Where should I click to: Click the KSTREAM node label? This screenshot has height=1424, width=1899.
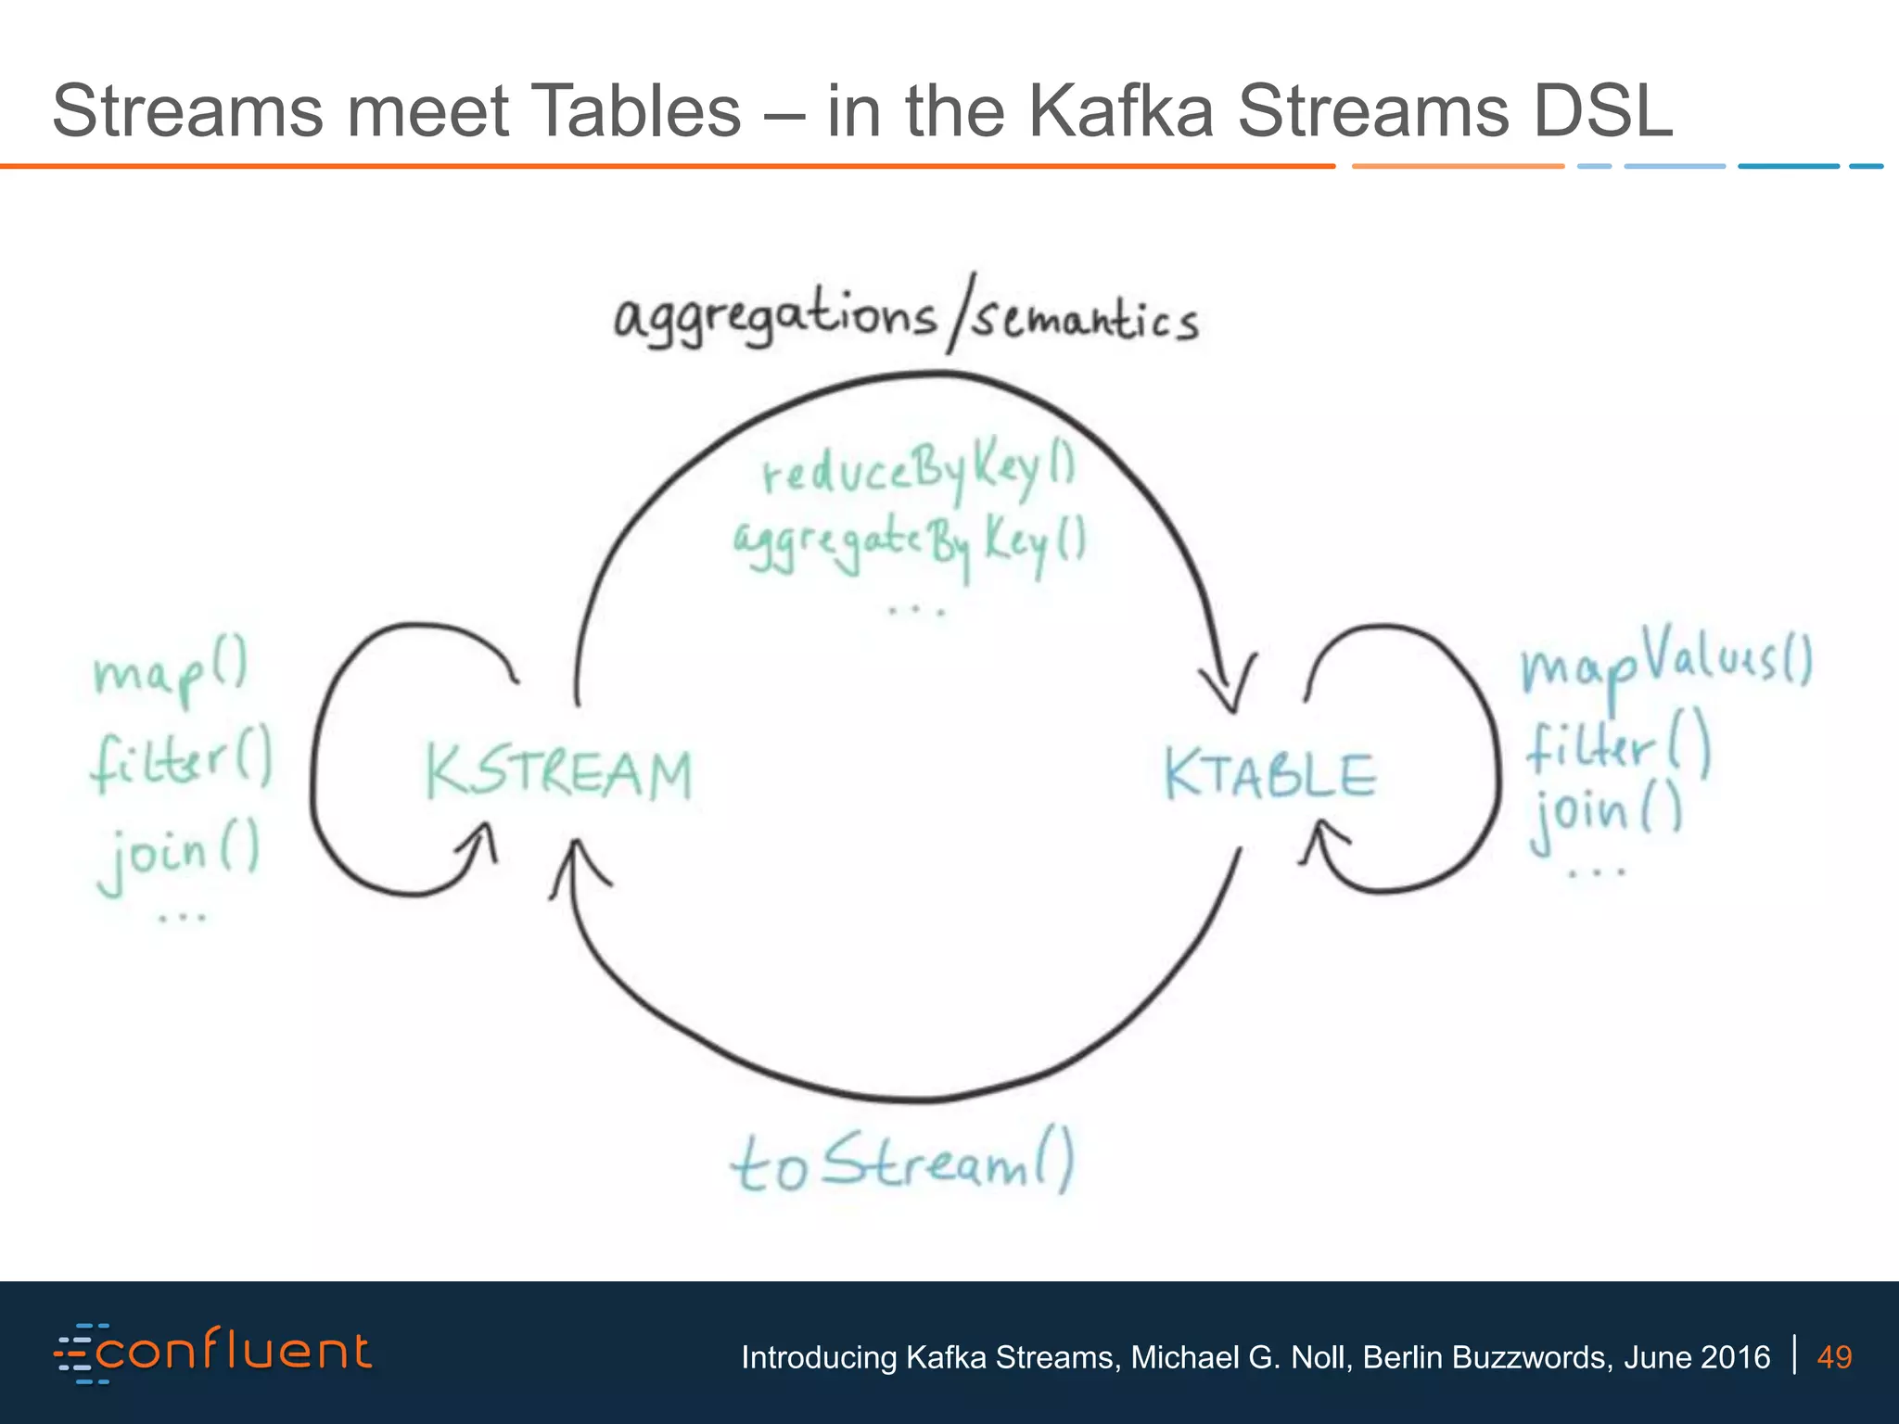pyautogui.click(x=559, y=774)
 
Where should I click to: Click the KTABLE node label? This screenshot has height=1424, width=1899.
pyautogui.click(x=1270, y=774)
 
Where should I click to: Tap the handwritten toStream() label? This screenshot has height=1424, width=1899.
pyautogui.click(x=902, y=1164)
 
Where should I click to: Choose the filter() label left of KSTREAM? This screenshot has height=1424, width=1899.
pyautogui.click(x=182, y=760)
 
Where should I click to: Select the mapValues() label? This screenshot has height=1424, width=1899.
pyautogui.click(x=1665, y=662)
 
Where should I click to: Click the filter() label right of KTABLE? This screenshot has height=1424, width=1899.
pyautogui.click(x=1619, y=747)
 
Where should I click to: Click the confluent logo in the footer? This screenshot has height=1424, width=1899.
pyautogui.click(x=213, y=1354)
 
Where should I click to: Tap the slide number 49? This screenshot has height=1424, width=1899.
pyautogui.click(x=1834, y=1357)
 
